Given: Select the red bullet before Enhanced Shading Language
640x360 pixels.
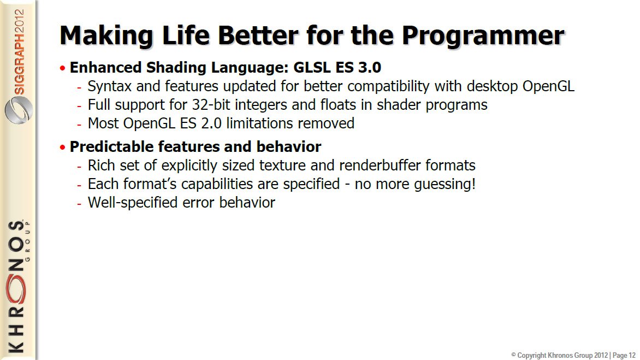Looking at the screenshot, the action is coord(62,68).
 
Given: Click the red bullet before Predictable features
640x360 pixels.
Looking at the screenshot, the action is coord(62,147).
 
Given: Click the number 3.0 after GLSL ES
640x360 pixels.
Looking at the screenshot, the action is coord(369,67).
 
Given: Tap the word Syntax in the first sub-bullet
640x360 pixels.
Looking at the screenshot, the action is coord(109,87).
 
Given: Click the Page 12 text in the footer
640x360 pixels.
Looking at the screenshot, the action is coord(624,356).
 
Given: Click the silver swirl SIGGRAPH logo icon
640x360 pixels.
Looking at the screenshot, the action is coord(19,110).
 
